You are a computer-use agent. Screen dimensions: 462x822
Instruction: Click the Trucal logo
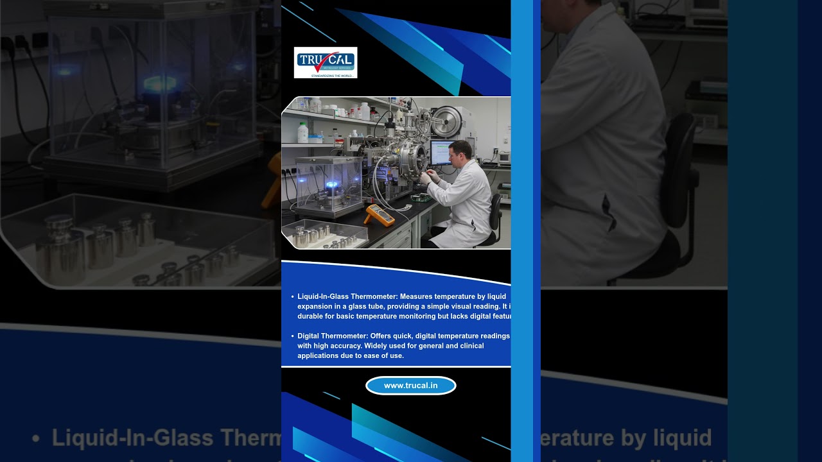click(x=326, y=62)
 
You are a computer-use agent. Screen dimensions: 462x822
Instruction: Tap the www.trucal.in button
click(x=411, y=386)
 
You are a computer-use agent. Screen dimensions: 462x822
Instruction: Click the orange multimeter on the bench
click(x=380, y=214)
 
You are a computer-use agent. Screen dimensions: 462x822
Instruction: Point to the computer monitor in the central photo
click(x=441, y=153)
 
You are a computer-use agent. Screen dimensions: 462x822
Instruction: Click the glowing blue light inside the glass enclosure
click(x=332, y=185)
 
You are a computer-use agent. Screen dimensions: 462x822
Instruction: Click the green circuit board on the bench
click(x=421, y=196)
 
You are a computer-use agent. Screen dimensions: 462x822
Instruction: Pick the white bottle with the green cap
click(x=303, y=132)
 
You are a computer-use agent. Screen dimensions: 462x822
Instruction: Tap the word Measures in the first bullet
click(x=416, y=296)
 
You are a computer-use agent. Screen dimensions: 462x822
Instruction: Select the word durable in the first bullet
click(x=310, y=316)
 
